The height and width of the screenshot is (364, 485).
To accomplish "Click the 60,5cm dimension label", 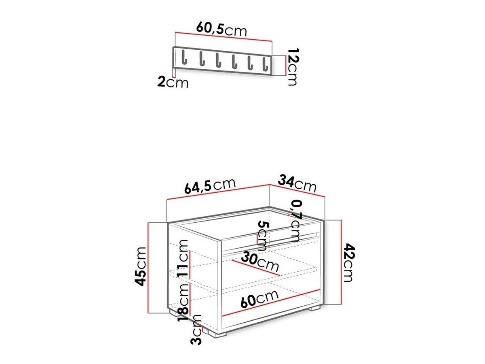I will [x=221, y=29].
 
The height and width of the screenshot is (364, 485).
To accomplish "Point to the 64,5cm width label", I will [x=210, y=187].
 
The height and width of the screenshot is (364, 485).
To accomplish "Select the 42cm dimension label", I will [x=348, y=263].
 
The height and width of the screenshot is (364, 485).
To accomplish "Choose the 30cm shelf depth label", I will [x=261, y=263].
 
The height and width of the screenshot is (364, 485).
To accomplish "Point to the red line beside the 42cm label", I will [x=342, y=262].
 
